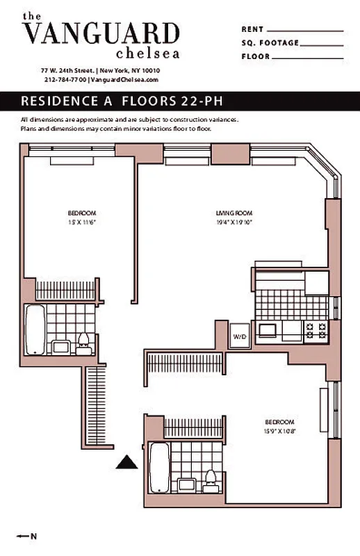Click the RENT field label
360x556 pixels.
(252, 30)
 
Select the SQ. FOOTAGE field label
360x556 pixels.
(270, 43)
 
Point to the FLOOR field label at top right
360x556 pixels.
(255, 56)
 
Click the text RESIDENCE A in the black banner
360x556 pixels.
(68, 101)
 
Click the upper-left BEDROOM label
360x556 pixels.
(81, 213)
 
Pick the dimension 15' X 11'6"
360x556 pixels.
(81, 222)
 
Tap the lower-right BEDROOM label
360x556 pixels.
(279, 422)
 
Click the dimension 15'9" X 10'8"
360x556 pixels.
(279, 430)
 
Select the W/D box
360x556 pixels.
(240, 336)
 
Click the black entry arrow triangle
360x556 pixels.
(126, 462)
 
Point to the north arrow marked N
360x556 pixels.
(27, 536)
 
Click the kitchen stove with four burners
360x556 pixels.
(316, 330)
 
